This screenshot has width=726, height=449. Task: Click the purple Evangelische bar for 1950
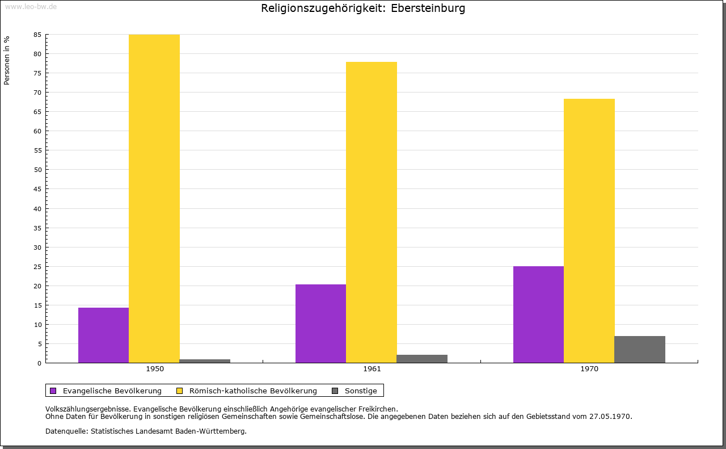coord(103,335)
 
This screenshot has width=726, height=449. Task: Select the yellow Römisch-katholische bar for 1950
coord(154,199)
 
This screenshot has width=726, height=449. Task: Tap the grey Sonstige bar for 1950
coord(205,360)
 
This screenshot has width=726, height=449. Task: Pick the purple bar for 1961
coord(320,324)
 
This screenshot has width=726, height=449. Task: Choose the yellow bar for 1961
coord(371,212)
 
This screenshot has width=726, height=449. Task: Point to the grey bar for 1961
coord(422,359)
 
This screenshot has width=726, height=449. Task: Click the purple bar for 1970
coord(538,314)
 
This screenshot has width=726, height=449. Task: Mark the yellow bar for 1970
coord(589,230)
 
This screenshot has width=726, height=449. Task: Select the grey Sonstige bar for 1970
coord(640,349)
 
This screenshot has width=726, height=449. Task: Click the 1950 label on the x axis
coord(155,369)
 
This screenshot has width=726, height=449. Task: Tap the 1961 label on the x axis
coord(372,369)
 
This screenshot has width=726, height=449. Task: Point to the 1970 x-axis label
coord(589,369)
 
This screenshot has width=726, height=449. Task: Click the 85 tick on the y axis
coord(37,35)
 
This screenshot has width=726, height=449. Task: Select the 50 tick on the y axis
coord(37,170)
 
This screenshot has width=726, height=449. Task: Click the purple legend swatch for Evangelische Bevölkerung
coord(53,391)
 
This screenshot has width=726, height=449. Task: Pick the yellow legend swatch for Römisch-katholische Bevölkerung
coord(179,391)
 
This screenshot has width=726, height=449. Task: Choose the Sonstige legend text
coord(361,391)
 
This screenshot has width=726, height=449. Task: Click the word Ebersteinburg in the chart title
coord(428,9)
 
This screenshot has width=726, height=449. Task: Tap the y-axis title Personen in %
coord(7,60)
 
